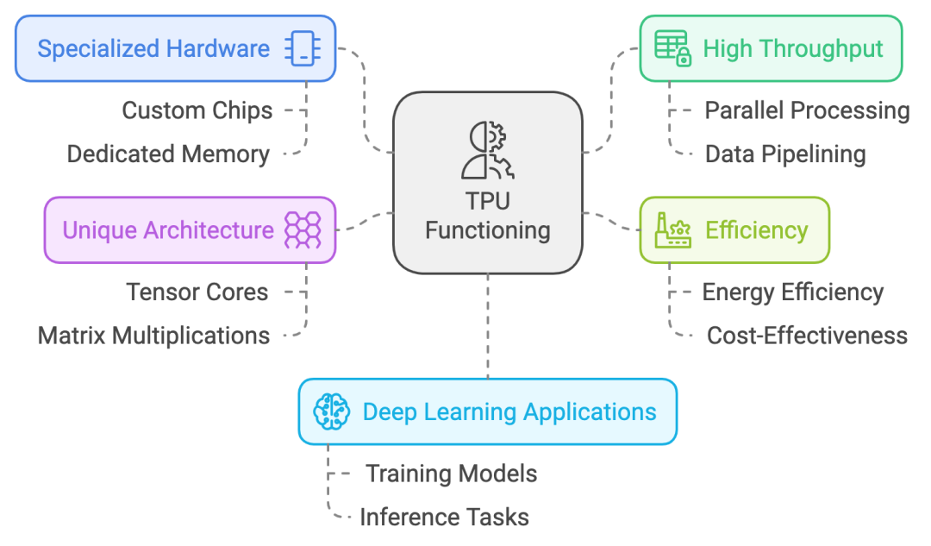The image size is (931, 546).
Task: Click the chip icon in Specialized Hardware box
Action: point(303,48)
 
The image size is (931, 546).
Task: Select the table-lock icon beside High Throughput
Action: point(672,48)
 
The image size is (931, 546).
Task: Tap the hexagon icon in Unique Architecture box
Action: point(303,230)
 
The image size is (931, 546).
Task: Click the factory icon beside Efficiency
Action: point(672,230)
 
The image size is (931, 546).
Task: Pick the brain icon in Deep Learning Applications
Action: point(332,411)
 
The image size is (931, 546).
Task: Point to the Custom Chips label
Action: point(197,110)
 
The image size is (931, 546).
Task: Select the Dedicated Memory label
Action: point(168,154)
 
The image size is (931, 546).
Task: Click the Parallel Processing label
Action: point(807,110)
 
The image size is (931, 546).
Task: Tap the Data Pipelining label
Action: point(785,154)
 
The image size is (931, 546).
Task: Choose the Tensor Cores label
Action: point(197,292)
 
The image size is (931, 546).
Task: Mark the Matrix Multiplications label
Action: point(153,335)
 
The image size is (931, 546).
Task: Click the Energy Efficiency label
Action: point(793,292)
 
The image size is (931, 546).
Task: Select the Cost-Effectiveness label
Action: point(807,335)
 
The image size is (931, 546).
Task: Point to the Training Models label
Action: point(451,474)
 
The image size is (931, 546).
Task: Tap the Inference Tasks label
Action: point(444,517)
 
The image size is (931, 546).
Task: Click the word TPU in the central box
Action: point(488,202)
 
